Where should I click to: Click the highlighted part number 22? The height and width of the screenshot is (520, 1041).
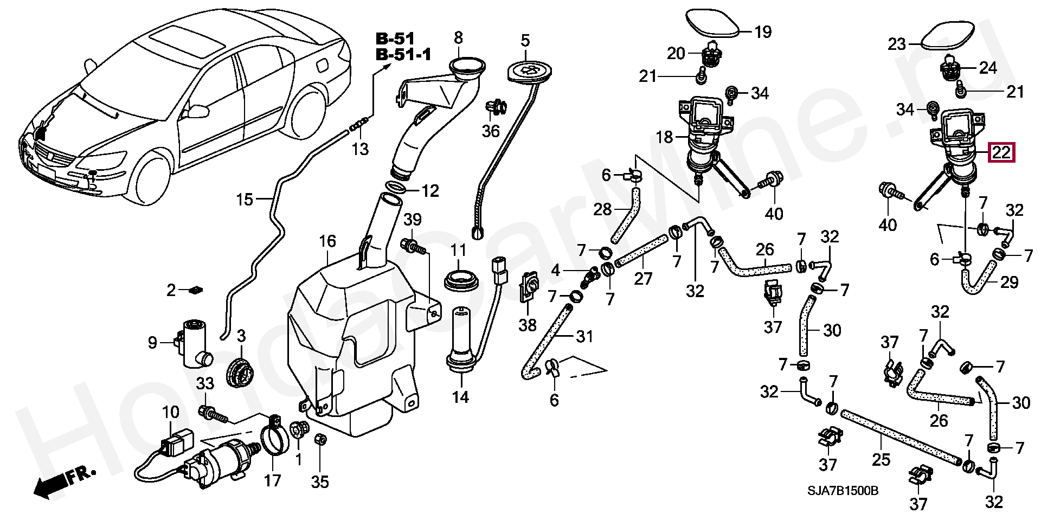(1001, 153)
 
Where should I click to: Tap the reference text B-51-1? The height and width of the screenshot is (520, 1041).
(403, 55)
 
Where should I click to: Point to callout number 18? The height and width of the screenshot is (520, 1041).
(665, 137)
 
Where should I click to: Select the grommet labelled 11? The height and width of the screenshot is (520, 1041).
(461, 281)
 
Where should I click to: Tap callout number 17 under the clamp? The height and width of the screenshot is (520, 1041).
(272, 480)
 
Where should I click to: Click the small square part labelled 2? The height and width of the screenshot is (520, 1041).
(196, 290)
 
